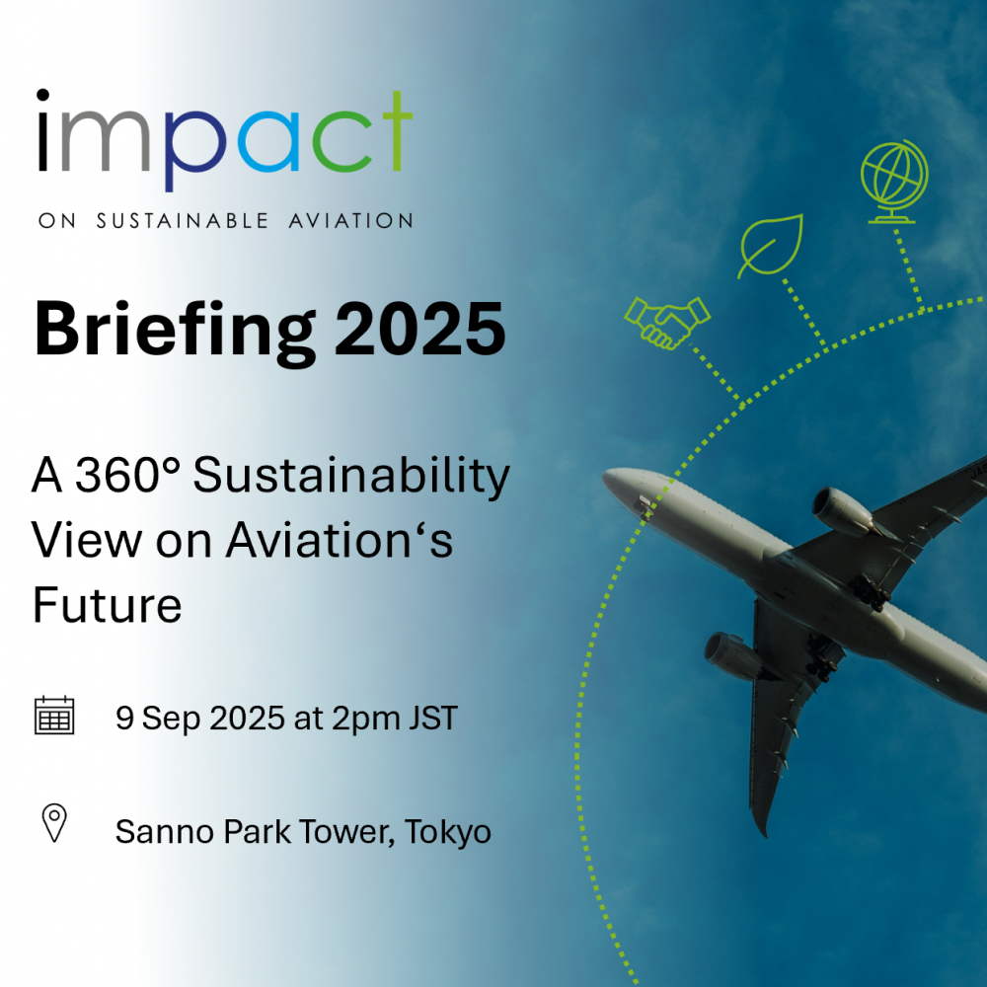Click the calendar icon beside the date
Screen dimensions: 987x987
point(54,716)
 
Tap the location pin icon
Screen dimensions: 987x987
point(54,823)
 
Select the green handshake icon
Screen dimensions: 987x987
point(667,322)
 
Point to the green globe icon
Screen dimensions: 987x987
point(894,182)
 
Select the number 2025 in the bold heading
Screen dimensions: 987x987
point(419,329)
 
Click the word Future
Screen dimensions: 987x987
point(107,605)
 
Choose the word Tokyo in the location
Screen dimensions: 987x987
point(447,833)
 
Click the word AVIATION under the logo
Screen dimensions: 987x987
point(351,220)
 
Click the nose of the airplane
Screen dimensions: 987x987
point(606,478)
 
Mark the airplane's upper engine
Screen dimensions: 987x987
point(842,511)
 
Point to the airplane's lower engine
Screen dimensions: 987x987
point(735,656)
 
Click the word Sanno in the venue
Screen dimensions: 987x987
point(165,831)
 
